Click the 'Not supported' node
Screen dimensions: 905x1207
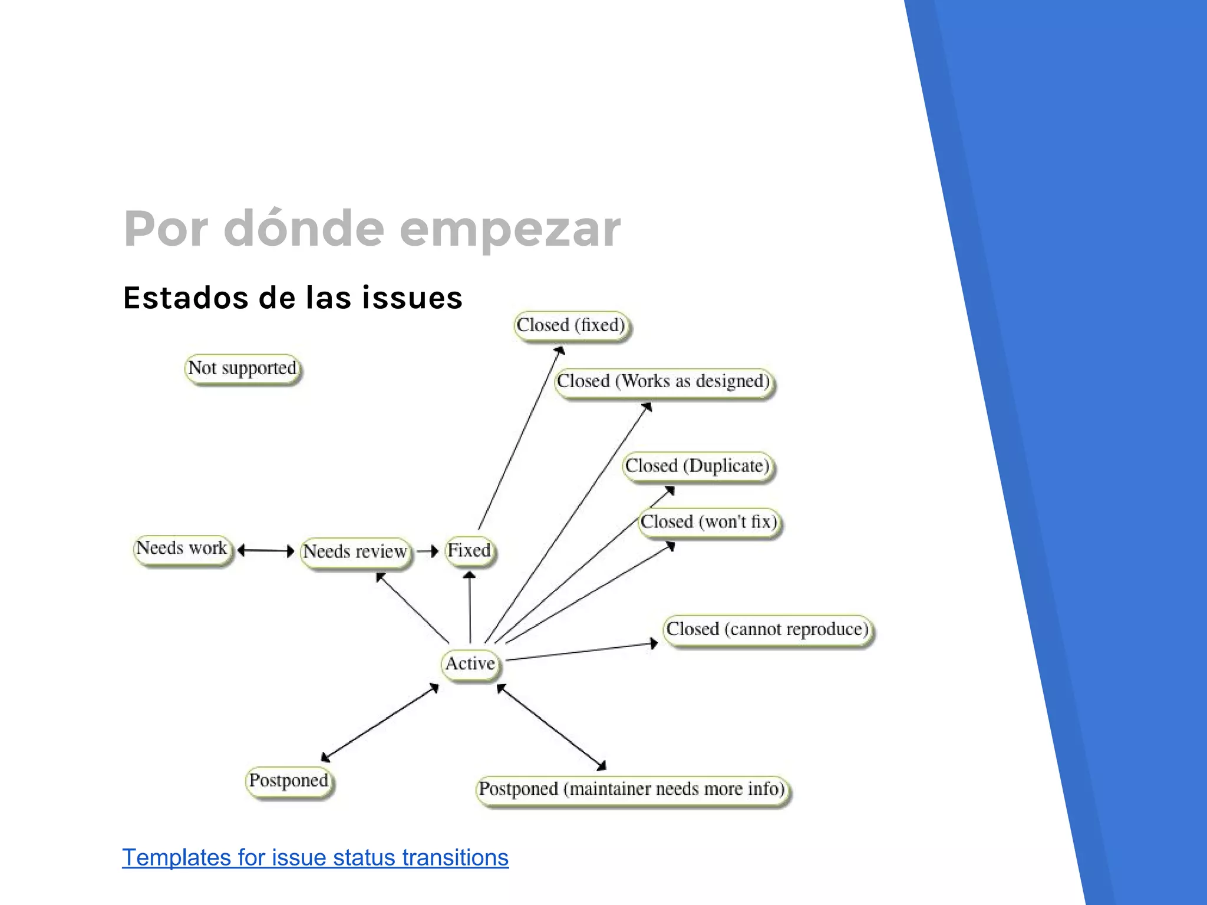243,369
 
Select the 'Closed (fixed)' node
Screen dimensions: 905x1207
571,326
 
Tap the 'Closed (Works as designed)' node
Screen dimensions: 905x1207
664,382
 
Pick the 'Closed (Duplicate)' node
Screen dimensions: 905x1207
698,467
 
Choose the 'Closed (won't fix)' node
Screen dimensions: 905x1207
710,522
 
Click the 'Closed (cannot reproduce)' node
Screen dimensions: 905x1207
768,630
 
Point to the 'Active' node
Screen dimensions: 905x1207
470,664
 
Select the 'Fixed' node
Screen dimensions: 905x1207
469,551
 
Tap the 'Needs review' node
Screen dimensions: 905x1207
355,552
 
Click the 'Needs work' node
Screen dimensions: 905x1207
182,549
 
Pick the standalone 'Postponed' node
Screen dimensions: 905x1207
289,781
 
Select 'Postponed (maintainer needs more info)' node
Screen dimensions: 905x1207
632,790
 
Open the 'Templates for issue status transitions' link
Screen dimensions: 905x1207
315,858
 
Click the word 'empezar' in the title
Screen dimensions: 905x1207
510,230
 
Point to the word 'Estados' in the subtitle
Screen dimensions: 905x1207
186,298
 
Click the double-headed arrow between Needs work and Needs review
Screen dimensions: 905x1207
266,551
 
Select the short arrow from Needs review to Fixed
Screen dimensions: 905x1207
427,551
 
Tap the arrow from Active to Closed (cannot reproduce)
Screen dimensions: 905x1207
581,652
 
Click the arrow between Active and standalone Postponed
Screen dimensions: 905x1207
381,722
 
